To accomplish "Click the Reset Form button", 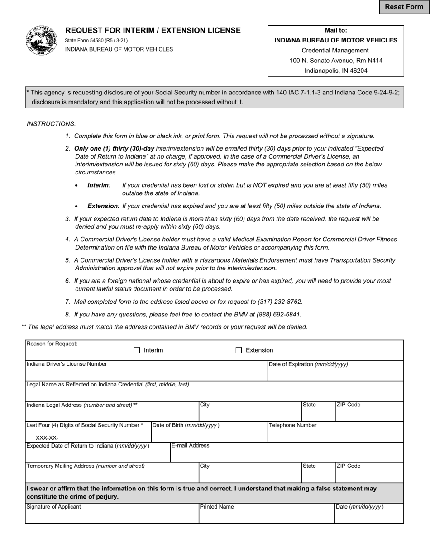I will coord(404,7).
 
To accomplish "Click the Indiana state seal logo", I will coord(42,40).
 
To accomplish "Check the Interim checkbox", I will coord(137,350).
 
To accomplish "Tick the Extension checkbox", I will coord(239,350).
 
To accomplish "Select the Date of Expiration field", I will coord(335,374).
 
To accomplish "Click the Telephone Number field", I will coord(335,435).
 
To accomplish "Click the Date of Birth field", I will coord(209,435).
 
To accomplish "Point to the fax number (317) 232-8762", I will coord(279,302).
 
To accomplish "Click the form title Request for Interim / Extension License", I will coord(153,30).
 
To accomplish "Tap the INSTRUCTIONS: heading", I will coord(52,123).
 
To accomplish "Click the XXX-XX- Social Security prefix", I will coord(47,438).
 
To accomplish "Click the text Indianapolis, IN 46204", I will coord(336,71).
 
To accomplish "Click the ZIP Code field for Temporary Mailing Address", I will coord(369,476).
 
